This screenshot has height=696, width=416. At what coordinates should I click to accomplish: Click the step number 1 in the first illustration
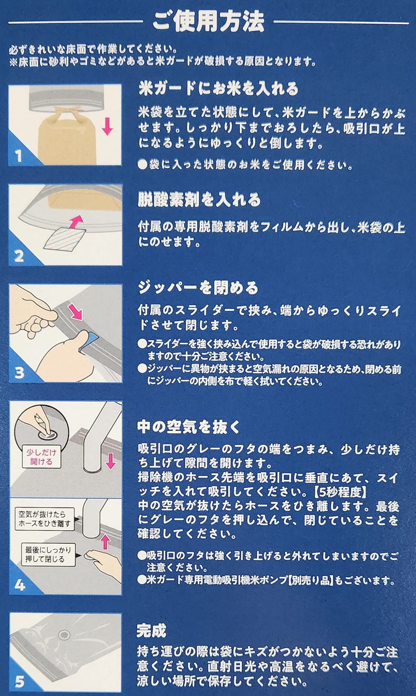[x=19, y=156]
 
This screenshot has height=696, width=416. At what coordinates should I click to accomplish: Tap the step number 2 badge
[x=19, y=256]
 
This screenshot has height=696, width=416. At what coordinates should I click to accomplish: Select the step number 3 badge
[x=19, y=373]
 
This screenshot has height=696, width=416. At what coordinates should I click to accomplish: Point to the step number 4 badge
[x=20, y=585]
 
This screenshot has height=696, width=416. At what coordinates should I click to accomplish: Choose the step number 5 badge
[x=19, y=682]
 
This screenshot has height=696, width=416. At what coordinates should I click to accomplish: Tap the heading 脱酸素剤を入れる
[x=199, y=200]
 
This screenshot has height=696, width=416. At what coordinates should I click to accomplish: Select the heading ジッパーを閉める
[x=198, y=288]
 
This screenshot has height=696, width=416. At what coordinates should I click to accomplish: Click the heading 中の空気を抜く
[x=188, y=428]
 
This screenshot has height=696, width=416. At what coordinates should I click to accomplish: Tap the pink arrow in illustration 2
[x=77, y=221]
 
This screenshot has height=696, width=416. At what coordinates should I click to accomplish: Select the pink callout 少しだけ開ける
[x=41, y=457]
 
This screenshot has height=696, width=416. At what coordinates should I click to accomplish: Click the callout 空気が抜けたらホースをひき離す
[x=45, y=519]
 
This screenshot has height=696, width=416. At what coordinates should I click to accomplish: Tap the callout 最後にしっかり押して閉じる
[x=48, y=555]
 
